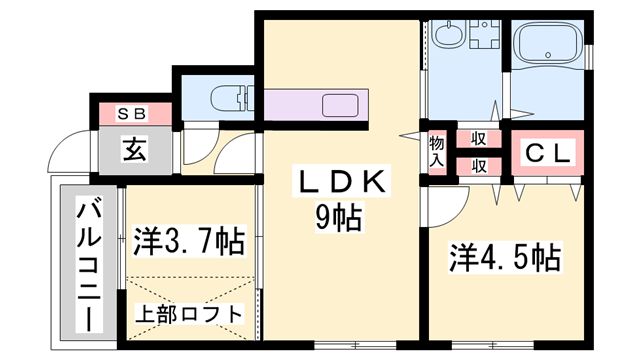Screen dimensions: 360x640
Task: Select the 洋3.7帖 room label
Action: [x=189, y=243]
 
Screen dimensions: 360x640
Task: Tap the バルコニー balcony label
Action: [x=87, y=263]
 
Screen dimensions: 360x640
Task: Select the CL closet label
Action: [x=547, y=154]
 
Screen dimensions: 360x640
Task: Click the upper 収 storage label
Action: [x=479, y=140]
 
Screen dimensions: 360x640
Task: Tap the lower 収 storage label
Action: [x=479, y=165]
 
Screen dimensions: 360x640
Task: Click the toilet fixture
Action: [x=227, y=99]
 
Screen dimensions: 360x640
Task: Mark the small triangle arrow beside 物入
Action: [x=410, y=136]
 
